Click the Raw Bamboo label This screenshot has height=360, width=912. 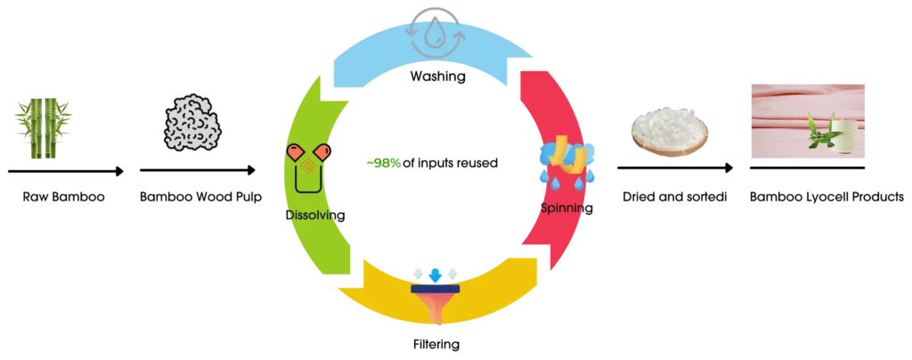pos(64,197)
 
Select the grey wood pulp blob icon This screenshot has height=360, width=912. pos(190,128)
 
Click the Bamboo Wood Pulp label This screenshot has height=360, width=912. pos(201,197)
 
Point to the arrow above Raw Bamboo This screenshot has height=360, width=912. pos(66,171)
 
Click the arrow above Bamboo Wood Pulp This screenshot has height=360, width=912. pos(198,170)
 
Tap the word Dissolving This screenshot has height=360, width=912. pos(315,215)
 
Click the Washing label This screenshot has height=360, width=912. pos(437,76)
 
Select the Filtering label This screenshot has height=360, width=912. pos(435,344)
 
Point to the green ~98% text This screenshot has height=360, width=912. pos(383,163)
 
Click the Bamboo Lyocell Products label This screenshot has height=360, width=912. pos(826,198)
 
